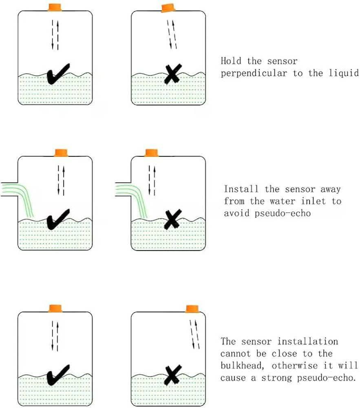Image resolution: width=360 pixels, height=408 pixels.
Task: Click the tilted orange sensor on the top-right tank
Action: point(168,8)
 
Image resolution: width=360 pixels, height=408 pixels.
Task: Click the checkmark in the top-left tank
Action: point(58,75)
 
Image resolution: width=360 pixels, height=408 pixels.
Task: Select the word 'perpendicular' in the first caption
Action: point(254,73)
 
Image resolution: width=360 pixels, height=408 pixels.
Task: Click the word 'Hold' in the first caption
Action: point(231,61)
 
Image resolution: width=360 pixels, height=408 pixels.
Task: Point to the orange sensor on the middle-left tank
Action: point(61,153)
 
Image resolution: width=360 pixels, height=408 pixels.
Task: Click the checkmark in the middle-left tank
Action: point(58,220)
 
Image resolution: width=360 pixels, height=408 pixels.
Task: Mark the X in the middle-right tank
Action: point(173,220)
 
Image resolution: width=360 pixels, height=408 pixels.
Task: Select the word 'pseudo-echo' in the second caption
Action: point(283,213)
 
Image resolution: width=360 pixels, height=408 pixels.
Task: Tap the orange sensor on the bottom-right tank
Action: point(192,309)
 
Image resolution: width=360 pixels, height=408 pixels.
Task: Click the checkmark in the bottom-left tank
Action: point(58,375)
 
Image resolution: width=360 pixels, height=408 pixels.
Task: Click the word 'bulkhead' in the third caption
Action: point(242,366)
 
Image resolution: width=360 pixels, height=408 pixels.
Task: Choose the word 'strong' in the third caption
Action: point(276,378)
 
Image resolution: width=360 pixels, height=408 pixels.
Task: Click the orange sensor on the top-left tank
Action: point(55,7)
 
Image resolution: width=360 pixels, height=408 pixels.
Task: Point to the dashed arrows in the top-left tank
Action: point(55,35)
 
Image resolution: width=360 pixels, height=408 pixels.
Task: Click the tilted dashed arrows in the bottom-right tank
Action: point(194,335)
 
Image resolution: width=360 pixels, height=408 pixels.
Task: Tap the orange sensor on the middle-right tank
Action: point(152,153)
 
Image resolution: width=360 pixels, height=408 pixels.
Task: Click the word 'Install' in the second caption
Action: point(241,189)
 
